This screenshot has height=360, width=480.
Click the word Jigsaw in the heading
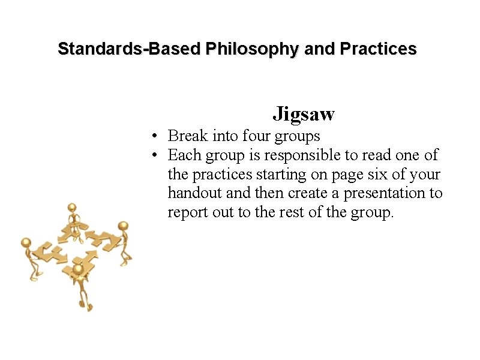pyautogui.click(x=304, y=113)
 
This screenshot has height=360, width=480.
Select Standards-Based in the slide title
pyautogui.click(x=129, y=49)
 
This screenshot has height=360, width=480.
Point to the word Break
pyautogui.click(x=188, y=136)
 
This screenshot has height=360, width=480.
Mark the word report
pyautogui.click(x=187, y=213)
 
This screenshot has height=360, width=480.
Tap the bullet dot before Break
pyautogui.click(x=154, y=137)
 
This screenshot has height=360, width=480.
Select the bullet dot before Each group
pyautogui.click(x=154, y=156)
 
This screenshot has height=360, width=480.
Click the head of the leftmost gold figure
pyautogui.click(x=26, y=242)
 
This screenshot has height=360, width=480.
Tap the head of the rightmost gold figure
pyautogui.click(x=124, y=226)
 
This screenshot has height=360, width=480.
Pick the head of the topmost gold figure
pyautogui.click(x=73, y=208)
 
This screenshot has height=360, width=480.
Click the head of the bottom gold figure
pyautogui.click(x=78, y=269)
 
